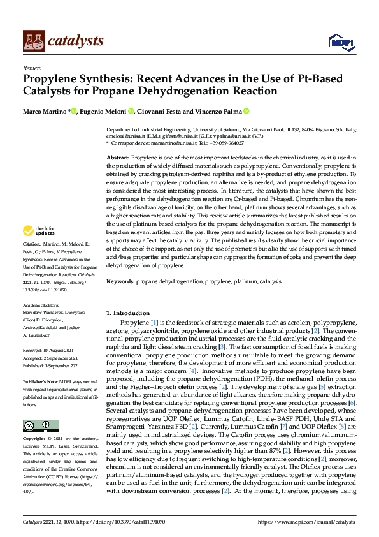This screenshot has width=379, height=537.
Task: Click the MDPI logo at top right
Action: (341, 41)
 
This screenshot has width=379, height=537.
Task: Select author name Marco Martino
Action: (45, 112)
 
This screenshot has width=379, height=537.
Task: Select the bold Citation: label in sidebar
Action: (32, 244)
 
